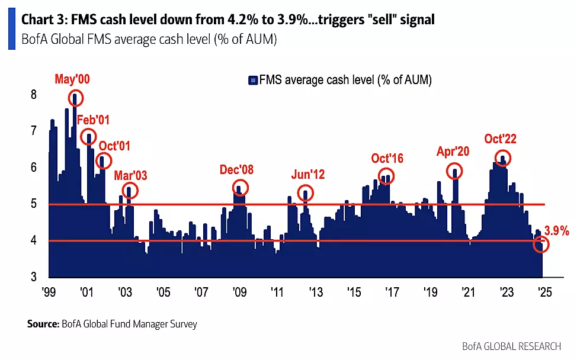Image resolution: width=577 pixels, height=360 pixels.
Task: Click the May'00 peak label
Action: coord(73,79)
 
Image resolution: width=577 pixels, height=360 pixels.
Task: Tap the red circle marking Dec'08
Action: coord(240,187)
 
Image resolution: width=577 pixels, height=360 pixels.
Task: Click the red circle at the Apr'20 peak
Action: coord(455,171)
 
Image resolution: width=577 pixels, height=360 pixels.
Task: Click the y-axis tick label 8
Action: coord(34,95)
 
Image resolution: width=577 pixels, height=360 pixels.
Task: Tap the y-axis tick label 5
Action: coord(34,204)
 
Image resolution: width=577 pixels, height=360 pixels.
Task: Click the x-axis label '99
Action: coord(49,292)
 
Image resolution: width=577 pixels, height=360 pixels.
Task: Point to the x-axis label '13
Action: coord(315,292)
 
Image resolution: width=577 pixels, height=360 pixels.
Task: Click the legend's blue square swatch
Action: coord(253,80)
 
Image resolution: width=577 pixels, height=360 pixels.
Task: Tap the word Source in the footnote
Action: coord(43,324)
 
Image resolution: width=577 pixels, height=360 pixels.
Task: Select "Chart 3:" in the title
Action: coord(44,20)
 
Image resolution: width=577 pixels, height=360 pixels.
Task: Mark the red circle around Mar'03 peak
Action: coord(130,190)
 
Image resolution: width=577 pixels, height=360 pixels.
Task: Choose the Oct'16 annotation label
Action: coord(387,158)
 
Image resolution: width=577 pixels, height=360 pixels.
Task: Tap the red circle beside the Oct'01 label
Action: coord(104,160)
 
